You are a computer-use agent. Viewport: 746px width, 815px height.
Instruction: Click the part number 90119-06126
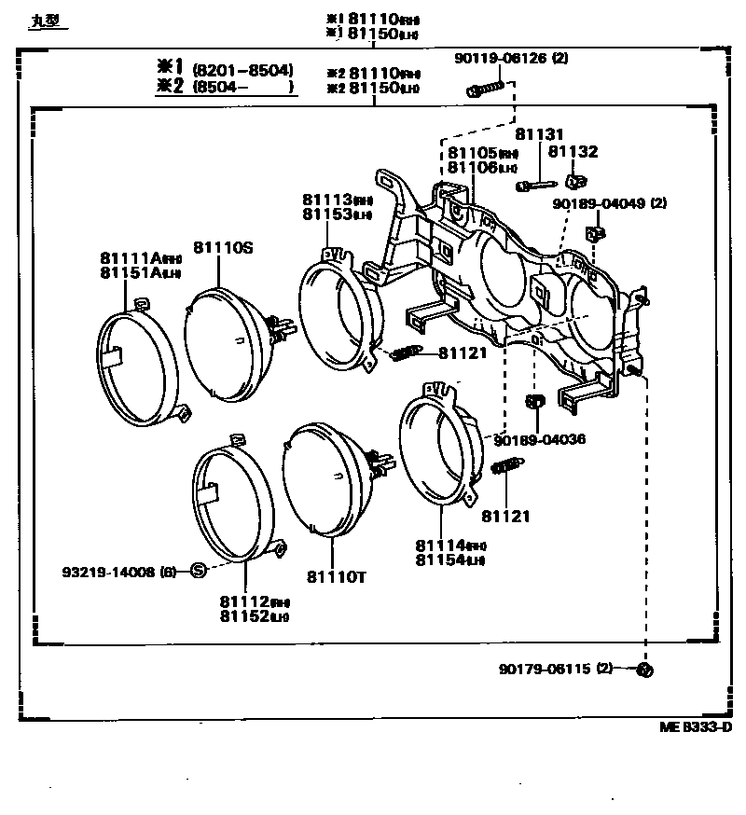(502, 58)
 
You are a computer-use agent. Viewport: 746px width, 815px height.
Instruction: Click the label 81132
(573, 152)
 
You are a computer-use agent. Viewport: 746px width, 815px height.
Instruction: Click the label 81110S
(224, 246)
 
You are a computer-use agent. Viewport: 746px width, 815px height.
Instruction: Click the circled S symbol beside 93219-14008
(198, 571)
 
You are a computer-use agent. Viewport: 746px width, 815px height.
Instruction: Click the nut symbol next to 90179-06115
(648, 670)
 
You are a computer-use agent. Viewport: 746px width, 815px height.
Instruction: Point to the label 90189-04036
(540, 438)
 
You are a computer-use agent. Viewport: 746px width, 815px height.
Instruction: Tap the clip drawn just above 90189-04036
(536, 402)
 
